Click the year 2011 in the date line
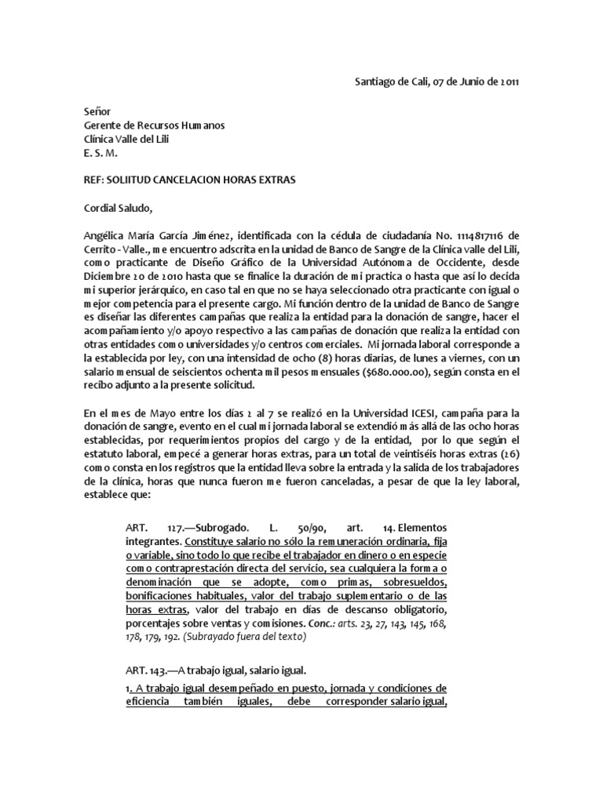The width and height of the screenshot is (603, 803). [x=505, y=82]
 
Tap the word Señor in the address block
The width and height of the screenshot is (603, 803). [x=98, y=112]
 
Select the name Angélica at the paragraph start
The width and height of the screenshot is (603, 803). [x=107, y=235]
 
